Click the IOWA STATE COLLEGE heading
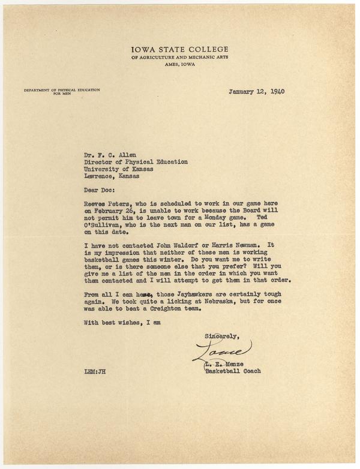pos(179,49)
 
